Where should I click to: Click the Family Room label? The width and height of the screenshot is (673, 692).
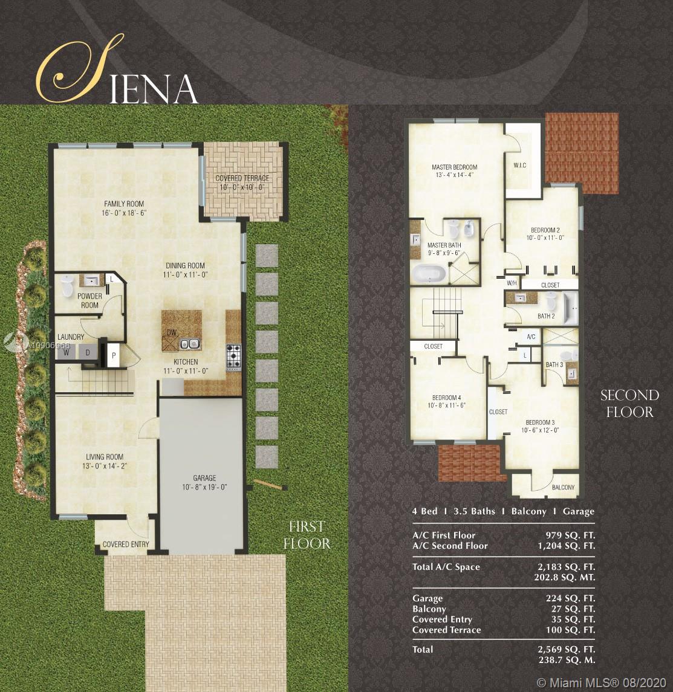coord(124,204)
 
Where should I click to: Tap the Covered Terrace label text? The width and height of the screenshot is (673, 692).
coord(242,178)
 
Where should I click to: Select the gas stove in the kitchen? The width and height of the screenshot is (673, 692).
coord(233,357)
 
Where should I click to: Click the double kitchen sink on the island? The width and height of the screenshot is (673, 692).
coord(190,344)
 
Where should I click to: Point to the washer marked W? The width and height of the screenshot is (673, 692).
coord(67,352)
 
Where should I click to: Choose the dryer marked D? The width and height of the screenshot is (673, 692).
coord(88,352)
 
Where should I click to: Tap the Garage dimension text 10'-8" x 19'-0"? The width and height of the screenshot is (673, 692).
coord(204,487)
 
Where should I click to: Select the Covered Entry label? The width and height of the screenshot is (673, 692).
coord(126,544)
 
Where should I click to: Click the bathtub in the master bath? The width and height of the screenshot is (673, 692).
coord(428,274)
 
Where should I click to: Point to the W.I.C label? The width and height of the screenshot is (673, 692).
coord(520,165)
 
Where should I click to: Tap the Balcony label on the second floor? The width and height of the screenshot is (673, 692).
coord(563,487)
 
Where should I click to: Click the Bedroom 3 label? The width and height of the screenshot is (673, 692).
coord(540,422)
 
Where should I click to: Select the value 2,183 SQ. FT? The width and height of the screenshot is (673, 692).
coord(566,567)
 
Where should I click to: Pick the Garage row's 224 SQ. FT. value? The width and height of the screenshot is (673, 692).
coord(570,598)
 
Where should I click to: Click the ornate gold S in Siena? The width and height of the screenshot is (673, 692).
coord(79,68)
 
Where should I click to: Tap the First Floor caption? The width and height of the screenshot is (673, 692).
coord(307,535)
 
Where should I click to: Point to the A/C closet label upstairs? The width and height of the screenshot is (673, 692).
coord(532,337)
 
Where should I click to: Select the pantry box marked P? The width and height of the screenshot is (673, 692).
coord(114,355)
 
